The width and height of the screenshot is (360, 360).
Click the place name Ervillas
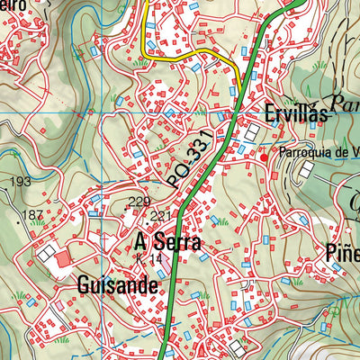(295, 114)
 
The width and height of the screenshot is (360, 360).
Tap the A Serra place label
(167, 243)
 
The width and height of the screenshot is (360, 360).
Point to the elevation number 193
(19, 183)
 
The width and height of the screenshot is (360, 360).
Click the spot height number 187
(32, 214)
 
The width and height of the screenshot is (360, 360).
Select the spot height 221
(160, 216)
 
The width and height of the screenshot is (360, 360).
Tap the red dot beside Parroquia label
(264, 157)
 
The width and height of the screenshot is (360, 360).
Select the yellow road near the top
(189, 58)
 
